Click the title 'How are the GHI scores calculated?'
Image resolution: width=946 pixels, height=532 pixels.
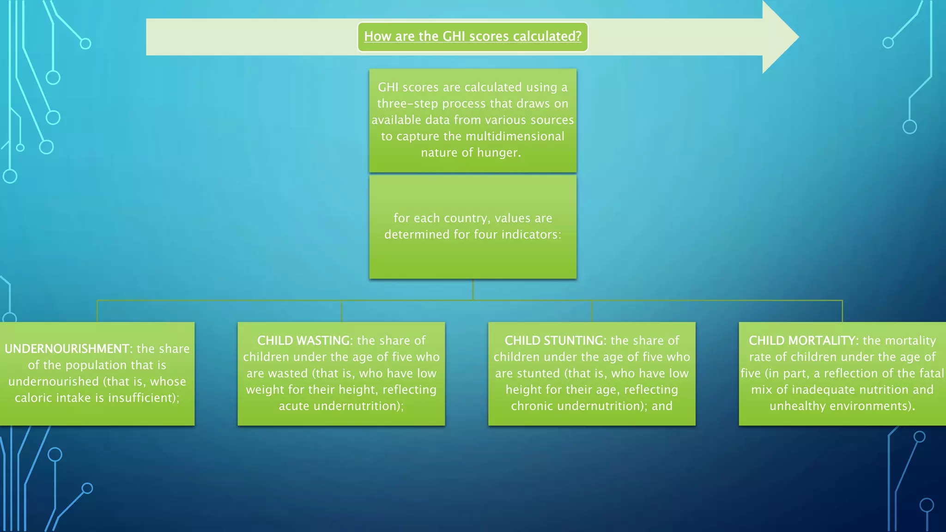[473, 36]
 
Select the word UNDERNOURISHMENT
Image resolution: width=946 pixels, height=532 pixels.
[67, 349]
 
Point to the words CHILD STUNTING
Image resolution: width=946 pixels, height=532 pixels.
[554, 341]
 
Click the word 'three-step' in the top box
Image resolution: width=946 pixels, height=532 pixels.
[407, 104]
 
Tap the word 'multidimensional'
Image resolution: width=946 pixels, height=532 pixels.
[515, 137]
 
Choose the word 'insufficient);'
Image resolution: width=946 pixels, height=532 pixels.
[144, 398]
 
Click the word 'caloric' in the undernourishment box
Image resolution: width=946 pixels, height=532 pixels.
[34, 398]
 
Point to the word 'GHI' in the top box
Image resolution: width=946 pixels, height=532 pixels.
[388, 87]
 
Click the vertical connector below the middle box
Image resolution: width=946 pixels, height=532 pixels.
[473, 290]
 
